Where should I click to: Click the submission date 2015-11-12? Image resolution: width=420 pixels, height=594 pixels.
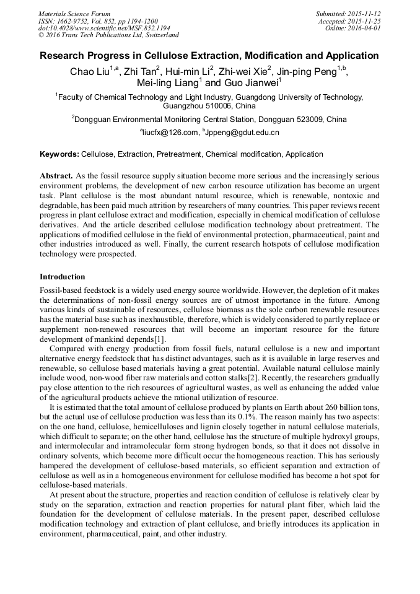[x=365, y=14]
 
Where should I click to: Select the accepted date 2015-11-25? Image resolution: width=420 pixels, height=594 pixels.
[x=365, y=21]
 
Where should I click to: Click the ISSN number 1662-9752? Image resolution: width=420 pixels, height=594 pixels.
[x=75, y=21]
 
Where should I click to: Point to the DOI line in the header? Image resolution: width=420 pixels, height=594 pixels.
[x=104, y=28]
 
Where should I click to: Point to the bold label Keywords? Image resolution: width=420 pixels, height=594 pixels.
[x=59, y=154]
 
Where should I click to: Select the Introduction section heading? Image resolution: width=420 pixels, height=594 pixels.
[x=63, y=276]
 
